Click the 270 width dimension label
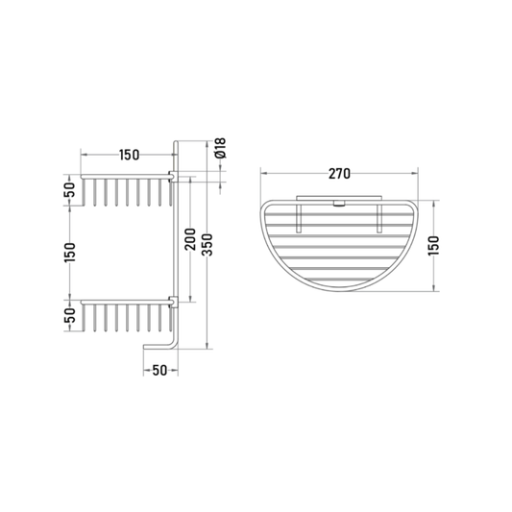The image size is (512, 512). [x=339, y=174]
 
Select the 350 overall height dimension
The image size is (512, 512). [x=207, y=245]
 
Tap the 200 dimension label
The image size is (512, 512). [x=190, y=239]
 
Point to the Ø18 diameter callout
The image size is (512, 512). [x=221, y=148]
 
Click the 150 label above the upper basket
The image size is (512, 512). [x=129, y=155]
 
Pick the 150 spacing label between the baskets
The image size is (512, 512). [x=70, y=252]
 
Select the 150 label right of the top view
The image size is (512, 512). [x=434, y=246]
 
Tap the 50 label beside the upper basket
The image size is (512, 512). [x=70, y=189]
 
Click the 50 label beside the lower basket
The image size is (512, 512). [x=70, y=315]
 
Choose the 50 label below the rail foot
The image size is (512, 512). [x=159, y=370]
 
